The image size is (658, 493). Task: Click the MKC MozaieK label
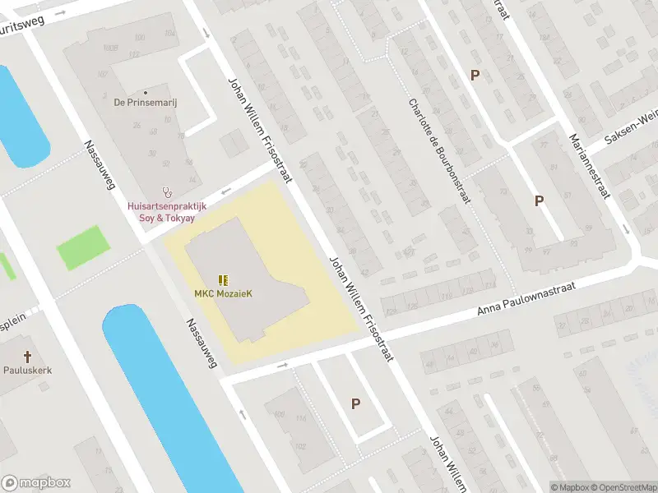(223, 293)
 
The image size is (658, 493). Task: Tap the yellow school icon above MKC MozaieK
(223, 279)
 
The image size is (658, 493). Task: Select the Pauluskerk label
(27, 371)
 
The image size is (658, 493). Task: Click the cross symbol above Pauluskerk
(27, 357)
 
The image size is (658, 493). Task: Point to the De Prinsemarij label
(146, 104)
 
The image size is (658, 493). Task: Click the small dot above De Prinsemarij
(146, 93)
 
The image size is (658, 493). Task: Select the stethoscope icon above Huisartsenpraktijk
(167, 189)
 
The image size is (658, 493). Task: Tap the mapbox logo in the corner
(36, 483)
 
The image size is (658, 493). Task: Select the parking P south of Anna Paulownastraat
(356, 403)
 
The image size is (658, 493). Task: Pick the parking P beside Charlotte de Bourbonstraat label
(475, 75)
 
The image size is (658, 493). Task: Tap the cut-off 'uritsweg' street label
(25, 25)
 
